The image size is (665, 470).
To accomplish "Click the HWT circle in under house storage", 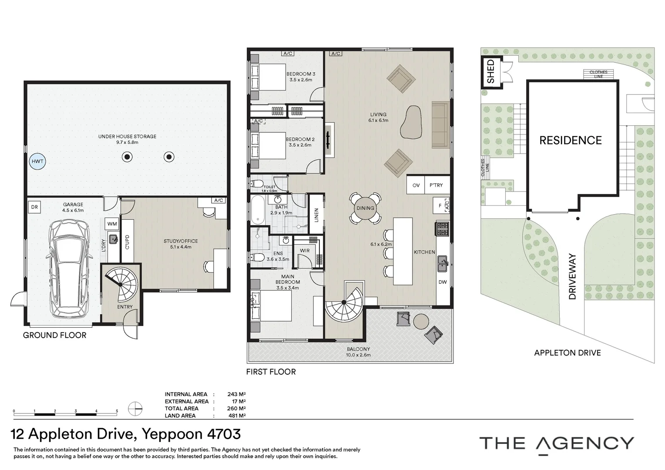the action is [37, 161].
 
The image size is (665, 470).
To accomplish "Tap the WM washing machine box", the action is [112, 224].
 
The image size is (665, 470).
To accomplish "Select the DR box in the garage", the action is [34, 207].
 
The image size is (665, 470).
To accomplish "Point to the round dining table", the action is [365, 208].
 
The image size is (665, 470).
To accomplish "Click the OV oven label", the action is [416, 185].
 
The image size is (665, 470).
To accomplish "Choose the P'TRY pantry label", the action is [436, 185].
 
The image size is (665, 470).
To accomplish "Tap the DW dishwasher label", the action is [442, 282].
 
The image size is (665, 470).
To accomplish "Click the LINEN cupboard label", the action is [316, 215].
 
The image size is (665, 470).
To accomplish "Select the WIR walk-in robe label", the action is [305, 251].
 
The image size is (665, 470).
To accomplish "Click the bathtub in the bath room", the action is [258, 210].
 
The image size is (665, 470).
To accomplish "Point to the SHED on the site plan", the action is [491, 72].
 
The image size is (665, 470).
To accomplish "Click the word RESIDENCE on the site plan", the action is [570, 141].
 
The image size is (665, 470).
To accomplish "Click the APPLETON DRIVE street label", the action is [568, 353].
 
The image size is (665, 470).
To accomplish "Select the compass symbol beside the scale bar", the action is [135, 409].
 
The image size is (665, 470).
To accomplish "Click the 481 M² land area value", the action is [237, 416].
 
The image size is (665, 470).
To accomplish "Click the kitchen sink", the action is [443, 264].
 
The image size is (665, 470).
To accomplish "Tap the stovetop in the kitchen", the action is [442, 229].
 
